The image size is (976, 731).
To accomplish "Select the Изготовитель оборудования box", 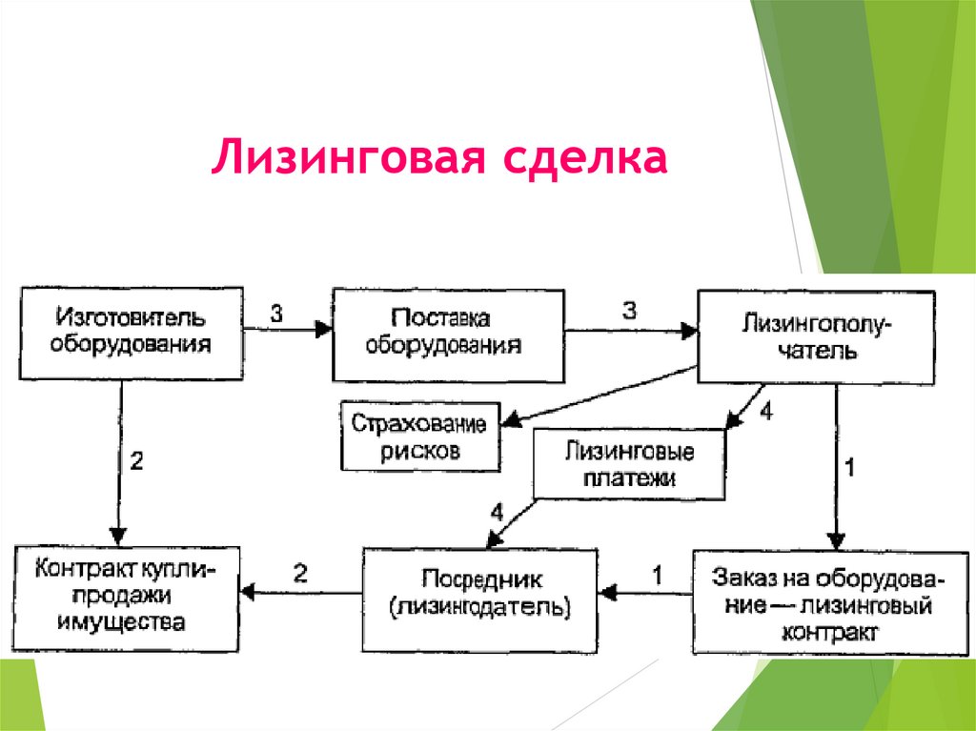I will click(130, 331).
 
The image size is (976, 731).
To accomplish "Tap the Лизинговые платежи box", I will click(630, 463).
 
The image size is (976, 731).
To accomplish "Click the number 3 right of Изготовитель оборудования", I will click(276, 312).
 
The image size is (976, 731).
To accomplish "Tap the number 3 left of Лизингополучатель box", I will click(629, 310).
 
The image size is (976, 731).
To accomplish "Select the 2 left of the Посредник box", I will click(301, 573).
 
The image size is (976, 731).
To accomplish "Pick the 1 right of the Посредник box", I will click(656, 575).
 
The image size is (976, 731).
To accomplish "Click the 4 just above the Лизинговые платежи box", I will click(767, 414).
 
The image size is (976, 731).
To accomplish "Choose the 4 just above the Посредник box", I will click(497, 512).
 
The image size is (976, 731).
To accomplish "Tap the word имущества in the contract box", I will click(121, 622).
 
